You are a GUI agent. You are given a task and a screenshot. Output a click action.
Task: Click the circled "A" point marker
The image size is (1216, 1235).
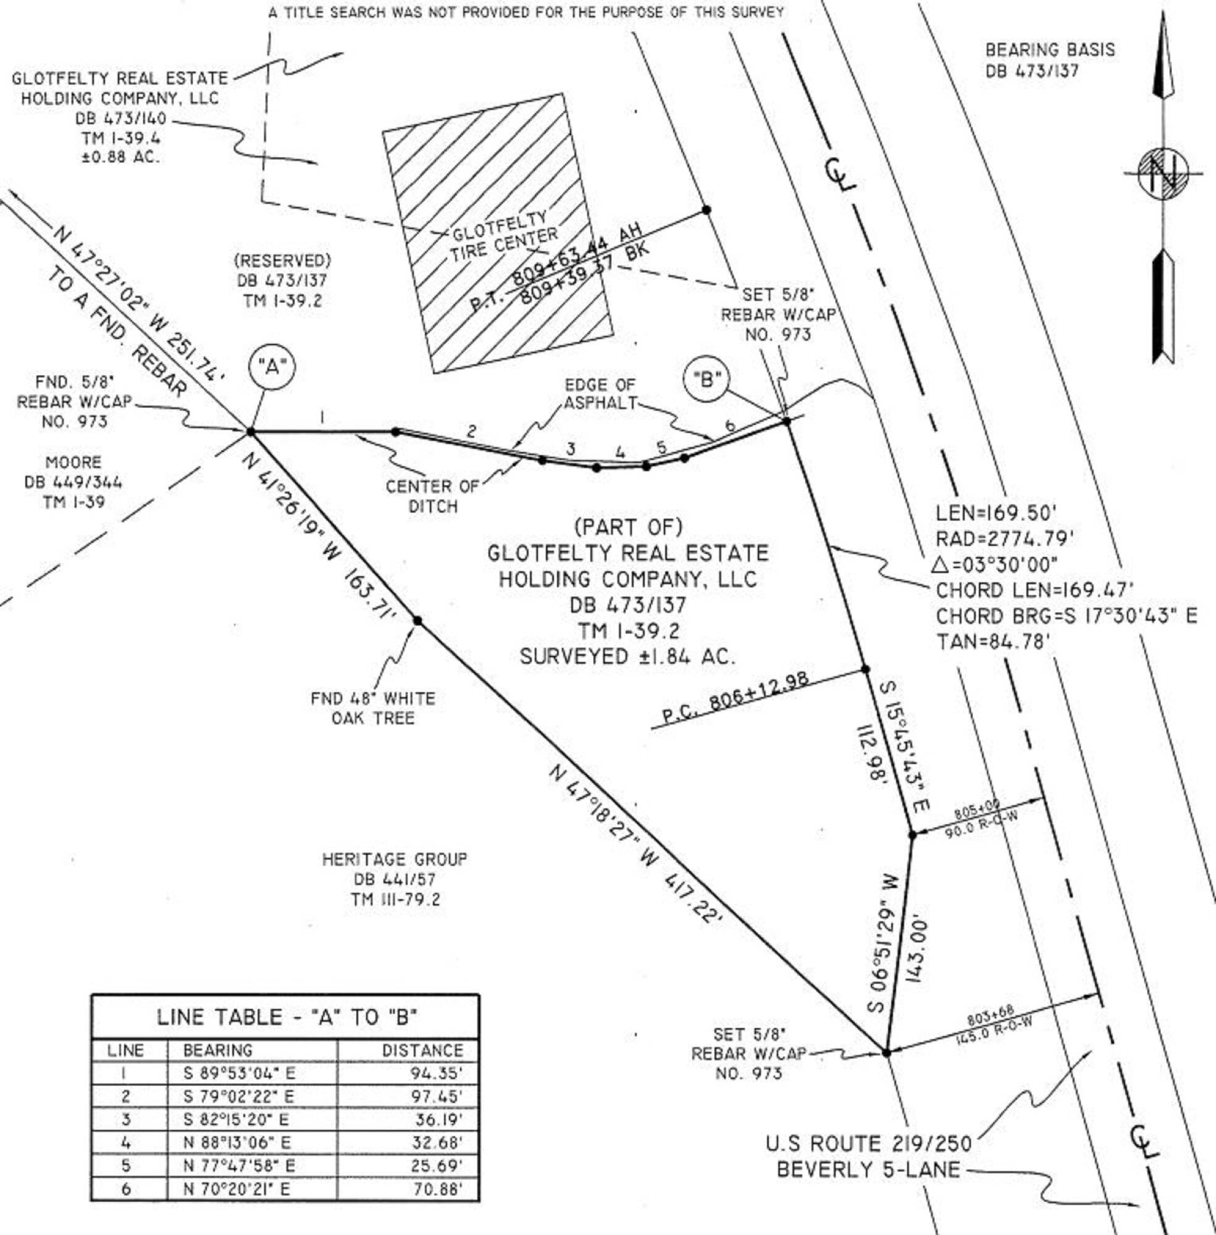pyautogui.click(x=272, y=367)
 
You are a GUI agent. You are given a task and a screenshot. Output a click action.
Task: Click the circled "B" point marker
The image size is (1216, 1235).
pyautogui.click(x=707, y=380)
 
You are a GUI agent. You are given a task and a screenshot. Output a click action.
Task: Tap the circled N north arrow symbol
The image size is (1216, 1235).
pyautogui.click(x=1162, y=174)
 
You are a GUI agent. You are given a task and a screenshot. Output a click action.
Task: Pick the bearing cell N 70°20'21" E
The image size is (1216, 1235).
pyautogui.click(x=239, y=1189)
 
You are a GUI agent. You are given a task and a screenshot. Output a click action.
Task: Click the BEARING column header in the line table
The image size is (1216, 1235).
pyautogui.click(x=217, y=1050)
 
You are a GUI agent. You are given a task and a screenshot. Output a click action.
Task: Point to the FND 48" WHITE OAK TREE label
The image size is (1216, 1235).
pyautogui.click(x=373, y=708)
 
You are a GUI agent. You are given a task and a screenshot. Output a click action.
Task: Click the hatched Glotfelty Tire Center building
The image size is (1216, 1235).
pyautogui.click(x=498, y=233)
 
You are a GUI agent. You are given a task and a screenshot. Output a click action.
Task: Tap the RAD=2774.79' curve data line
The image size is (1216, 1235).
pyautogui.click(x=1005, y=539)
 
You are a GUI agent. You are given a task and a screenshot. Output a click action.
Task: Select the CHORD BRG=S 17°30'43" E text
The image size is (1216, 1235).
pyautogui.click(x=1066, y=616)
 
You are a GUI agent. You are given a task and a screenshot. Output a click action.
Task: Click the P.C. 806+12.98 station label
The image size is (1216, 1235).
pyautogui.click(x=734, y=698)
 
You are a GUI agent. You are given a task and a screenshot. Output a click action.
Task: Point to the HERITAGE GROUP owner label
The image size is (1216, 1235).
pyautogui.click(x=395, y=860)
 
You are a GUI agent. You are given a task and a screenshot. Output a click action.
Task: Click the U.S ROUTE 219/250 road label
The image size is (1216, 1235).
pyautogui.click(x=868, y=1144)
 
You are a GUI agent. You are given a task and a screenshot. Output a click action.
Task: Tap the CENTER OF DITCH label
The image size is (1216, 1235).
pyautogui.click(x=432, y=496)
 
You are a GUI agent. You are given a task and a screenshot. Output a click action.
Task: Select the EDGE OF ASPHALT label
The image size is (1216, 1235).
pyautogui.click(x=600, y=394)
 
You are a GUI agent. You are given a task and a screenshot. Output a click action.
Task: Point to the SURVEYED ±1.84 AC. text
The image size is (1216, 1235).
pyautogui.click(x=627, y=656)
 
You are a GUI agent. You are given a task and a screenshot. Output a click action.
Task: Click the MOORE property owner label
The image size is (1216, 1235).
pyautogui.click(x=73, y=463)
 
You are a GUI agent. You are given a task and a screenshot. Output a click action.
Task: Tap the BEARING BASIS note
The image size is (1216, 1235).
pyautogui.click(x=1050, y=60)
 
